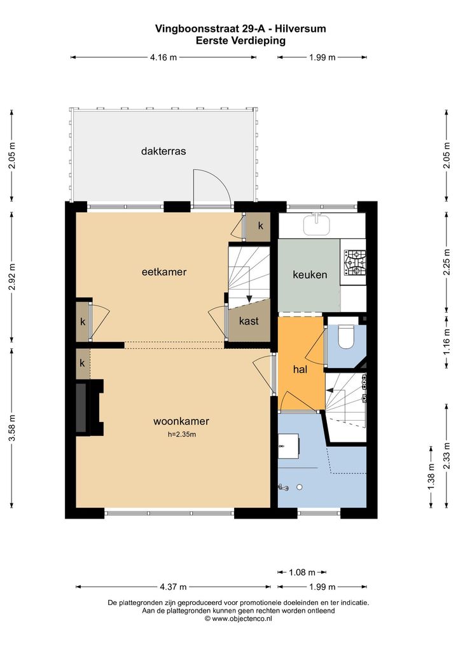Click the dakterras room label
tap(163, 151)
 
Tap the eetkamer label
tap(164, 272)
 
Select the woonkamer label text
tap(181, 421)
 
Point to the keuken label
tap(310, 275)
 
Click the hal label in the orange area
tap(300, 369)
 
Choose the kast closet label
tap(249, 320)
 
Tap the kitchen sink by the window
tap(317, 224)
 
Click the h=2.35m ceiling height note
tap(182, 433)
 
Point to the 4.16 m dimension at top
tap(163, 57)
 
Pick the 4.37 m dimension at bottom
tap(173, 587)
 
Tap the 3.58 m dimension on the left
tap(12, 428)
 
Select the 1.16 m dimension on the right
tap(447, 342)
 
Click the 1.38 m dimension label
tap(431, 477)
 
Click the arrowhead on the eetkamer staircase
tap(249, 298)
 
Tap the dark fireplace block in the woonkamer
tap(82, 407)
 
